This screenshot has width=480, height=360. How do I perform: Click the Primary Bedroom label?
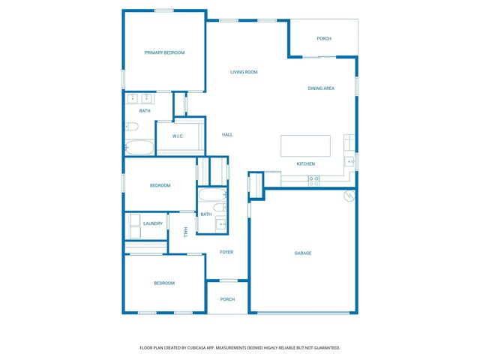[x=164, y=52]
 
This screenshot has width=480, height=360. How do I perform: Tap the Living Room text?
[x=244, y=72]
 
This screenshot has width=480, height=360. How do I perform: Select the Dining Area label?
[x=321, y=88]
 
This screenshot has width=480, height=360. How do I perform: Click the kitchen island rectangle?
[x=305, y=145]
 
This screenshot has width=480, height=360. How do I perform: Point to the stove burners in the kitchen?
[x=314, y=179]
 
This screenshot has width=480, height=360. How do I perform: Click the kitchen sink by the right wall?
[x=349, y=162]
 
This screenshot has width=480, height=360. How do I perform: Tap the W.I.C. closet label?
[x=178, y=136]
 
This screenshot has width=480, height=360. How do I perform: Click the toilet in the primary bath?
[x=130, y=126]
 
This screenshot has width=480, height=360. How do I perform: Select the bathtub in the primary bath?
[x=139, y=147]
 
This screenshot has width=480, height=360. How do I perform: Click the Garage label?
[x=302, y=253]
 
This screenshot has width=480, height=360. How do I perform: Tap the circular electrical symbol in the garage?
[x=347, y=196]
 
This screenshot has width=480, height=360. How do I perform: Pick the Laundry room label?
[x=153, y=223]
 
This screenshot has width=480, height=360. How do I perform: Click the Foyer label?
[x=226, y=252]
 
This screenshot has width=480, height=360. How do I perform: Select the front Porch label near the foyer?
[x=227, y=299]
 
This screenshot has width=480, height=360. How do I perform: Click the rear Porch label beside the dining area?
[x=324, y=38]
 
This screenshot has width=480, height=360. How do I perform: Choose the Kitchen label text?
[x=305, y=163]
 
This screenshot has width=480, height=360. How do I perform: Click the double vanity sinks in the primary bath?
[x=139, y=98]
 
